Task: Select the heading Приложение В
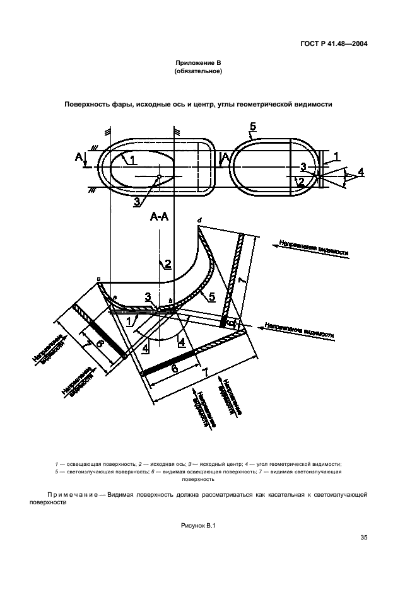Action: [197, 64]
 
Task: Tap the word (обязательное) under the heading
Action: [197, 72]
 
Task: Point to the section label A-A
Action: [159, 216]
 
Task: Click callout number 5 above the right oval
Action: [253, 128]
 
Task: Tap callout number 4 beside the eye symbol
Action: [360, 171]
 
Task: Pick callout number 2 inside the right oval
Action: [302, 182]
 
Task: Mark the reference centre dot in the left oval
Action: [160, 176]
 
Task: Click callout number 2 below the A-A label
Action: [168, 264]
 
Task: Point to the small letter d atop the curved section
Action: [199, 219]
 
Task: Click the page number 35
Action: [363, 537]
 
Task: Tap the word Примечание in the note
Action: [73, 495]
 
